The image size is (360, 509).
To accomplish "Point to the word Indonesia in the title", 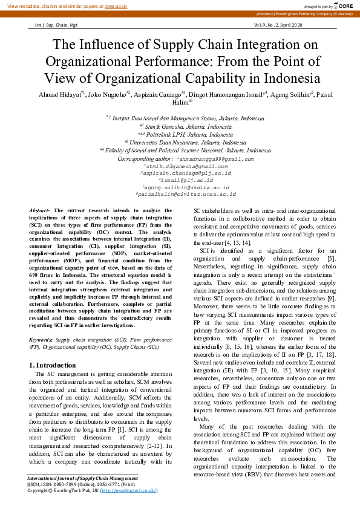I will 283,79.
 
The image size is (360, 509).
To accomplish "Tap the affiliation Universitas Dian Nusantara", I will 182,142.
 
